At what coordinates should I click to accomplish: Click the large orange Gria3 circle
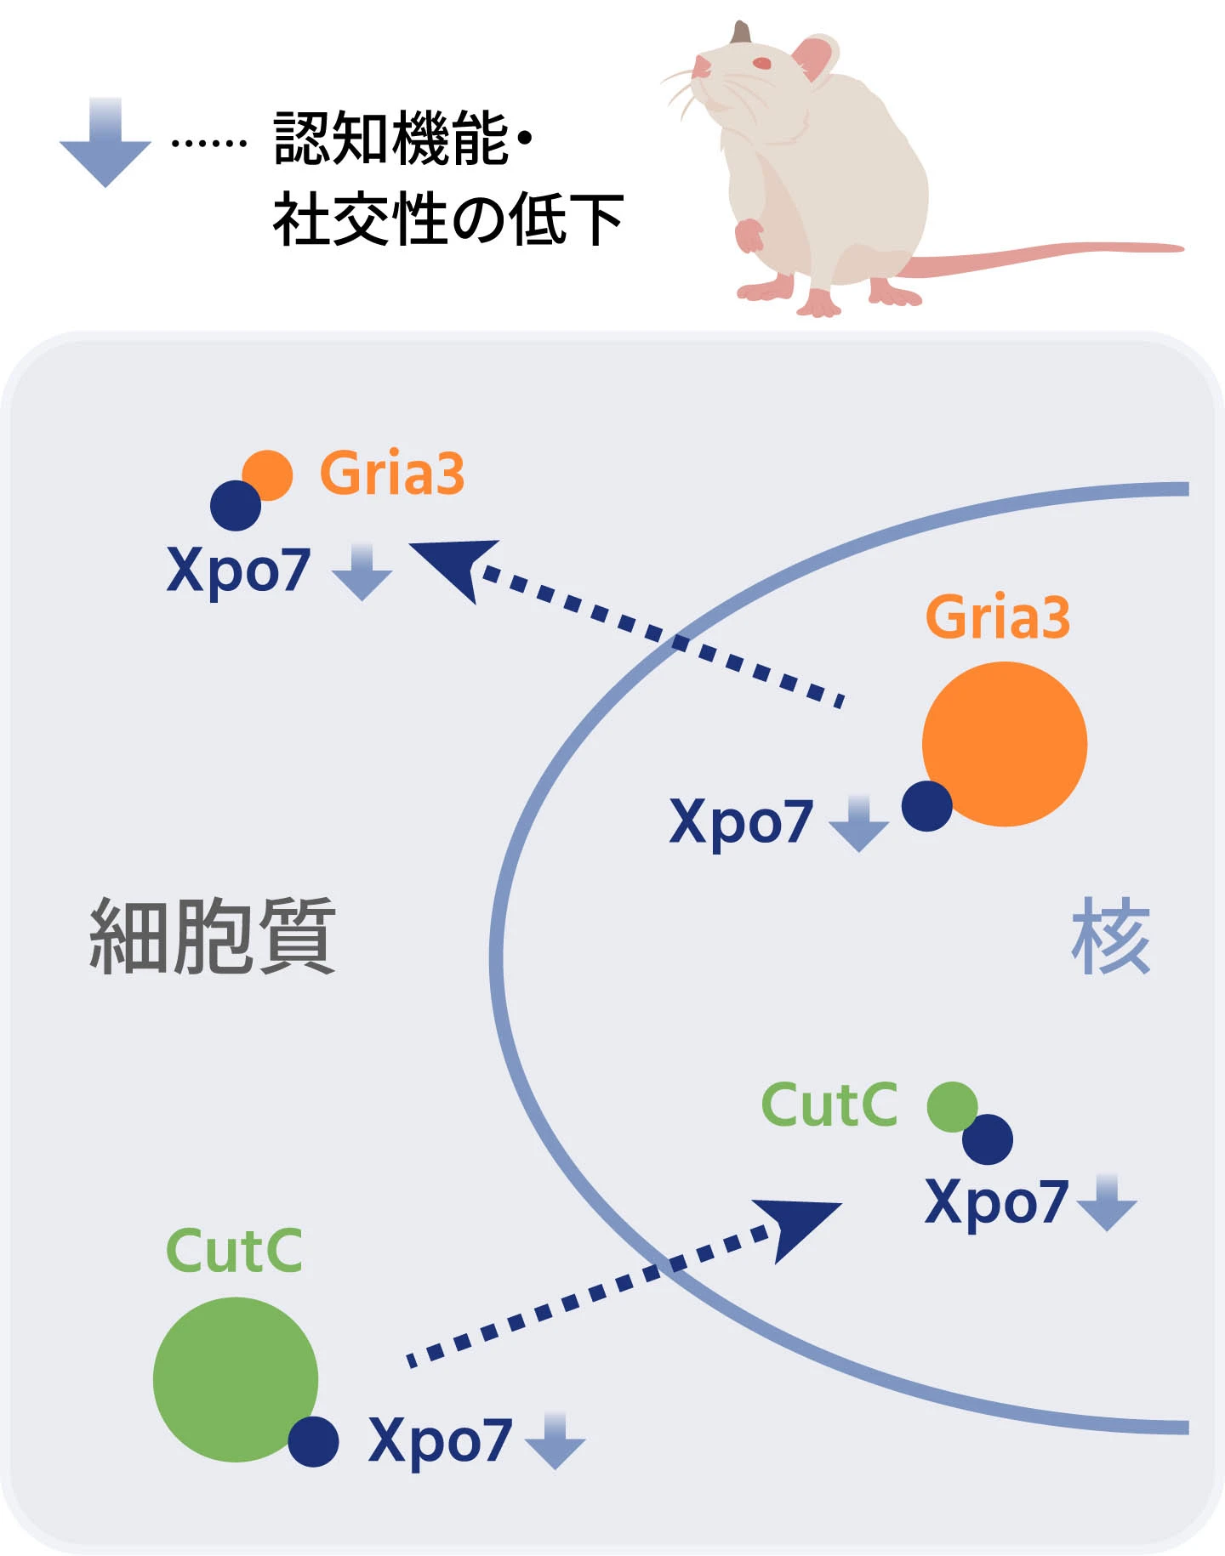1005,744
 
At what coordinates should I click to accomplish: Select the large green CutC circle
236,1379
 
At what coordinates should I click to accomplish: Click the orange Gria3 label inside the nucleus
997,617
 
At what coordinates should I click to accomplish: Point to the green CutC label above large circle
234,1251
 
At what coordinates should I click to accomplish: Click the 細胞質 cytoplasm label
213,935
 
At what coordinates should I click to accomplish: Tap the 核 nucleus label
1110,936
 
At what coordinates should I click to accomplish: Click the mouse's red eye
762,63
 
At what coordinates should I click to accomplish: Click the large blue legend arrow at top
105,143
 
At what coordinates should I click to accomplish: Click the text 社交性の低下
448,220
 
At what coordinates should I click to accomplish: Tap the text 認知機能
391,139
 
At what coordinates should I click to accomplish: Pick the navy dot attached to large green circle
313,1441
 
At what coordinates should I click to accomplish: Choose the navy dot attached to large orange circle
926,805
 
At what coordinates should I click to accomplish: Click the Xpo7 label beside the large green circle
440,1440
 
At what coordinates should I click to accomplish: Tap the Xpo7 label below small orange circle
238,570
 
